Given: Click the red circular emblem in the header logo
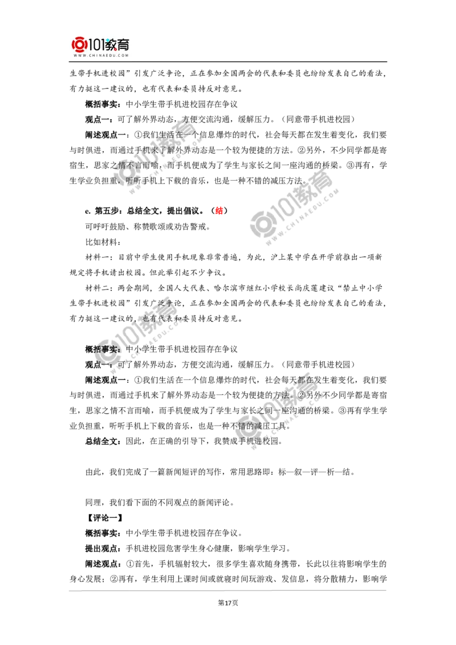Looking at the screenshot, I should (x=79, y=44).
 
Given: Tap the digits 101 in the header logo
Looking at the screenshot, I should (x=97, y=44).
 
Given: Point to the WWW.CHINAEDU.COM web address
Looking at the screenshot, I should (x=100, y=56).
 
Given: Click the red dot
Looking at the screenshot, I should (x=219, y=211).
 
